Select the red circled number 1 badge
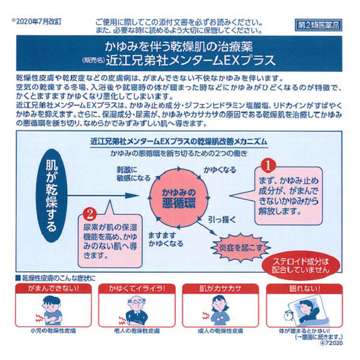click(x=270, y=163)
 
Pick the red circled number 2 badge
click(x=89, y=213)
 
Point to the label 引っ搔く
click(x=218, y=220)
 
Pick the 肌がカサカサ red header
click(x=220, y=289)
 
